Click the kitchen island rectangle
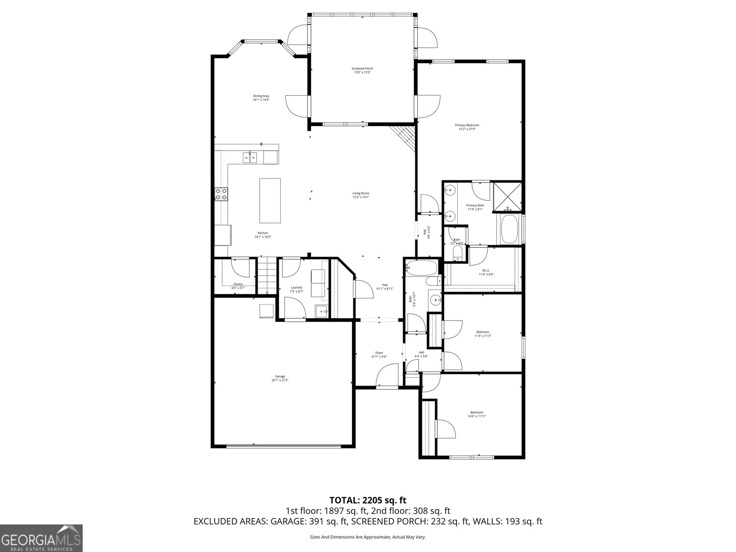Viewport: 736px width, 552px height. (x=270, y=201)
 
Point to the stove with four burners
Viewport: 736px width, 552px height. (x=221, y=194)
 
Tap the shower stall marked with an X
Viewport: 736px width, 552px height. (x=507, y=197)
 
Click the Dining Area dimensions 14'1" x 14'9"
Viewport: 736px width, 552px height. (x=261, y=100)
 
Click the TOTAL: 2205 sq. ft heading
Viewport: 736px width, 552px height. (x=368, y=500)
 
